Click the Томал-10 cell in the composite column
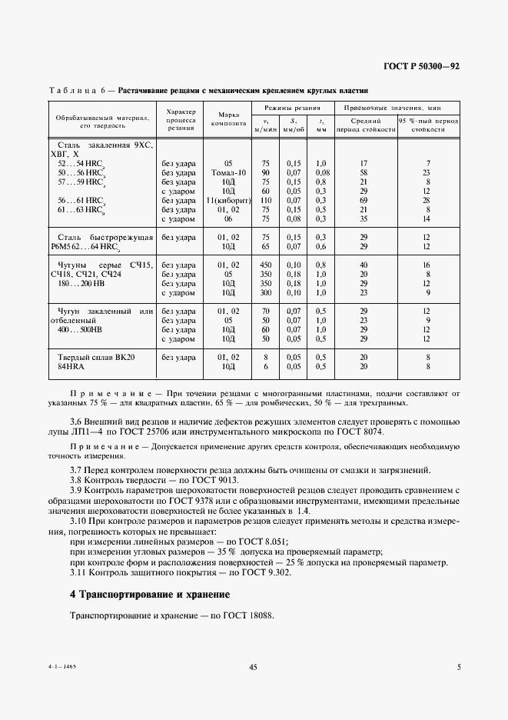click(x=227, y=173)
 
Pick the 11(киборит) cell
click(x=227, y=200)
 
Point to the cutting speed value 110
click(x=266, y=200)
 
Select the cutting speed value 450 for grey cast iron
click(x=266, y=265)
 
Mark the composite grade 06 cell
click(x=227, y=218)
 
